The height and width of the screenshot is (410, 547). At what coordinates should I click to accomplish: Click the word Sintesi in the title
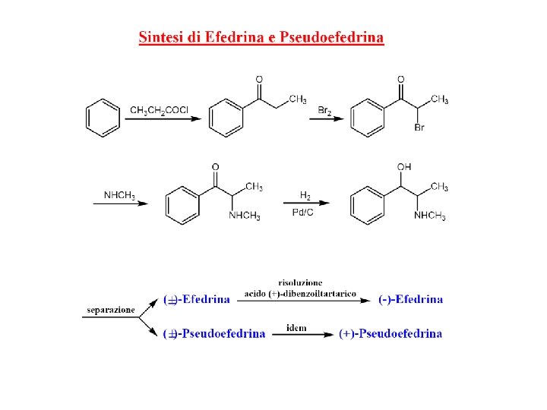pyautogui.click(x=160, y=37)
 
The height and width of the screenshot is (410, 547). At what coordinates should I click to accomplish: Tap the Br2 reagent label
pyautogui.click(x=325, y=111)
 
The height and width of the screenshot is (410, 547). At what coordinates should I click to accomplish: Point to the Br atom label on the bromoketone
pyautogui.click(x=419, y=128)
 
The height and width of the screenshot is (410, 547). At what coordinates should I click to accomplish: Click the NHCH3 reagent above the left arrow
pyautogui.click(x=119, y=196)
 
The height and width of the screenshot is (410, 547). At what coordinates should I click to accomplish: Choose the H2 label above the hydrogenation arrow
pyautogui.click(x=305, y=195)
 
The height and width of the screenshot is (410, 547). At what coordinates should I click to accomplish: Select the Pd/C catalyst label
pyautogui.click(x=302, y=212)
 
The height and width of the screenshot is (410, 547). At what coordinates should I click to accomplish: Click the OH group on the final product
pyautogui.click(x=404, y=166)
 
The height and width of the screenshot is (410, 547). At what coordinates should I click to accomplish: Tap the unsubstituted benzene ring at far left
pyautogui.click(x=103, y=118)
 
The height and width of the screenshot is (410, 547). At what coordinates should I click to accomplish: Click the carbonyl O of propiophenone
pyautogui.click(x=259, y=79)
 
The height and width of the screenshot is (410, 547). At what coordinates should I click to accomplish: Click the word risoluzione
pyautogui.click(x=300, y=282)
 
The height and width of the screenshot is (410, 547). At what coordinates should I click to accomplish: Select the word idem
pyautogui.click(x=296, y=328)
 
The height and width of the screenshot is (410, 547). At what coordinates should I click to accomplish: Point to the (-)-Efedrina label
pyautogui.click(x=410, y=299)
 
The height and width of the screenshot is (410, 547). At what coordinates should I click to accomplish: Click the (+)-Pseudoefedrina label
pyautogui.click(x=390, y=333)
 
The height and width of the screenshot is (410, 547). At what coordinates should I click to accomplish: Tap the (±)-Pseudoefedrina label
pyautogui.click(x=215, y=333)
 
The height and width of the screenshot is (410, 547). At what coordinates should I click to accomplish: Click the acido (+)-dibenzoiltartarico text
pyautogui.click(x=300, y=293)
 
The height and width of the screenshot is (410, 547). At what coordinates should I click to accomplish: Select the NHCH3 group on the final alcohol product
pyautogui.click(x=430, y=216)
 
